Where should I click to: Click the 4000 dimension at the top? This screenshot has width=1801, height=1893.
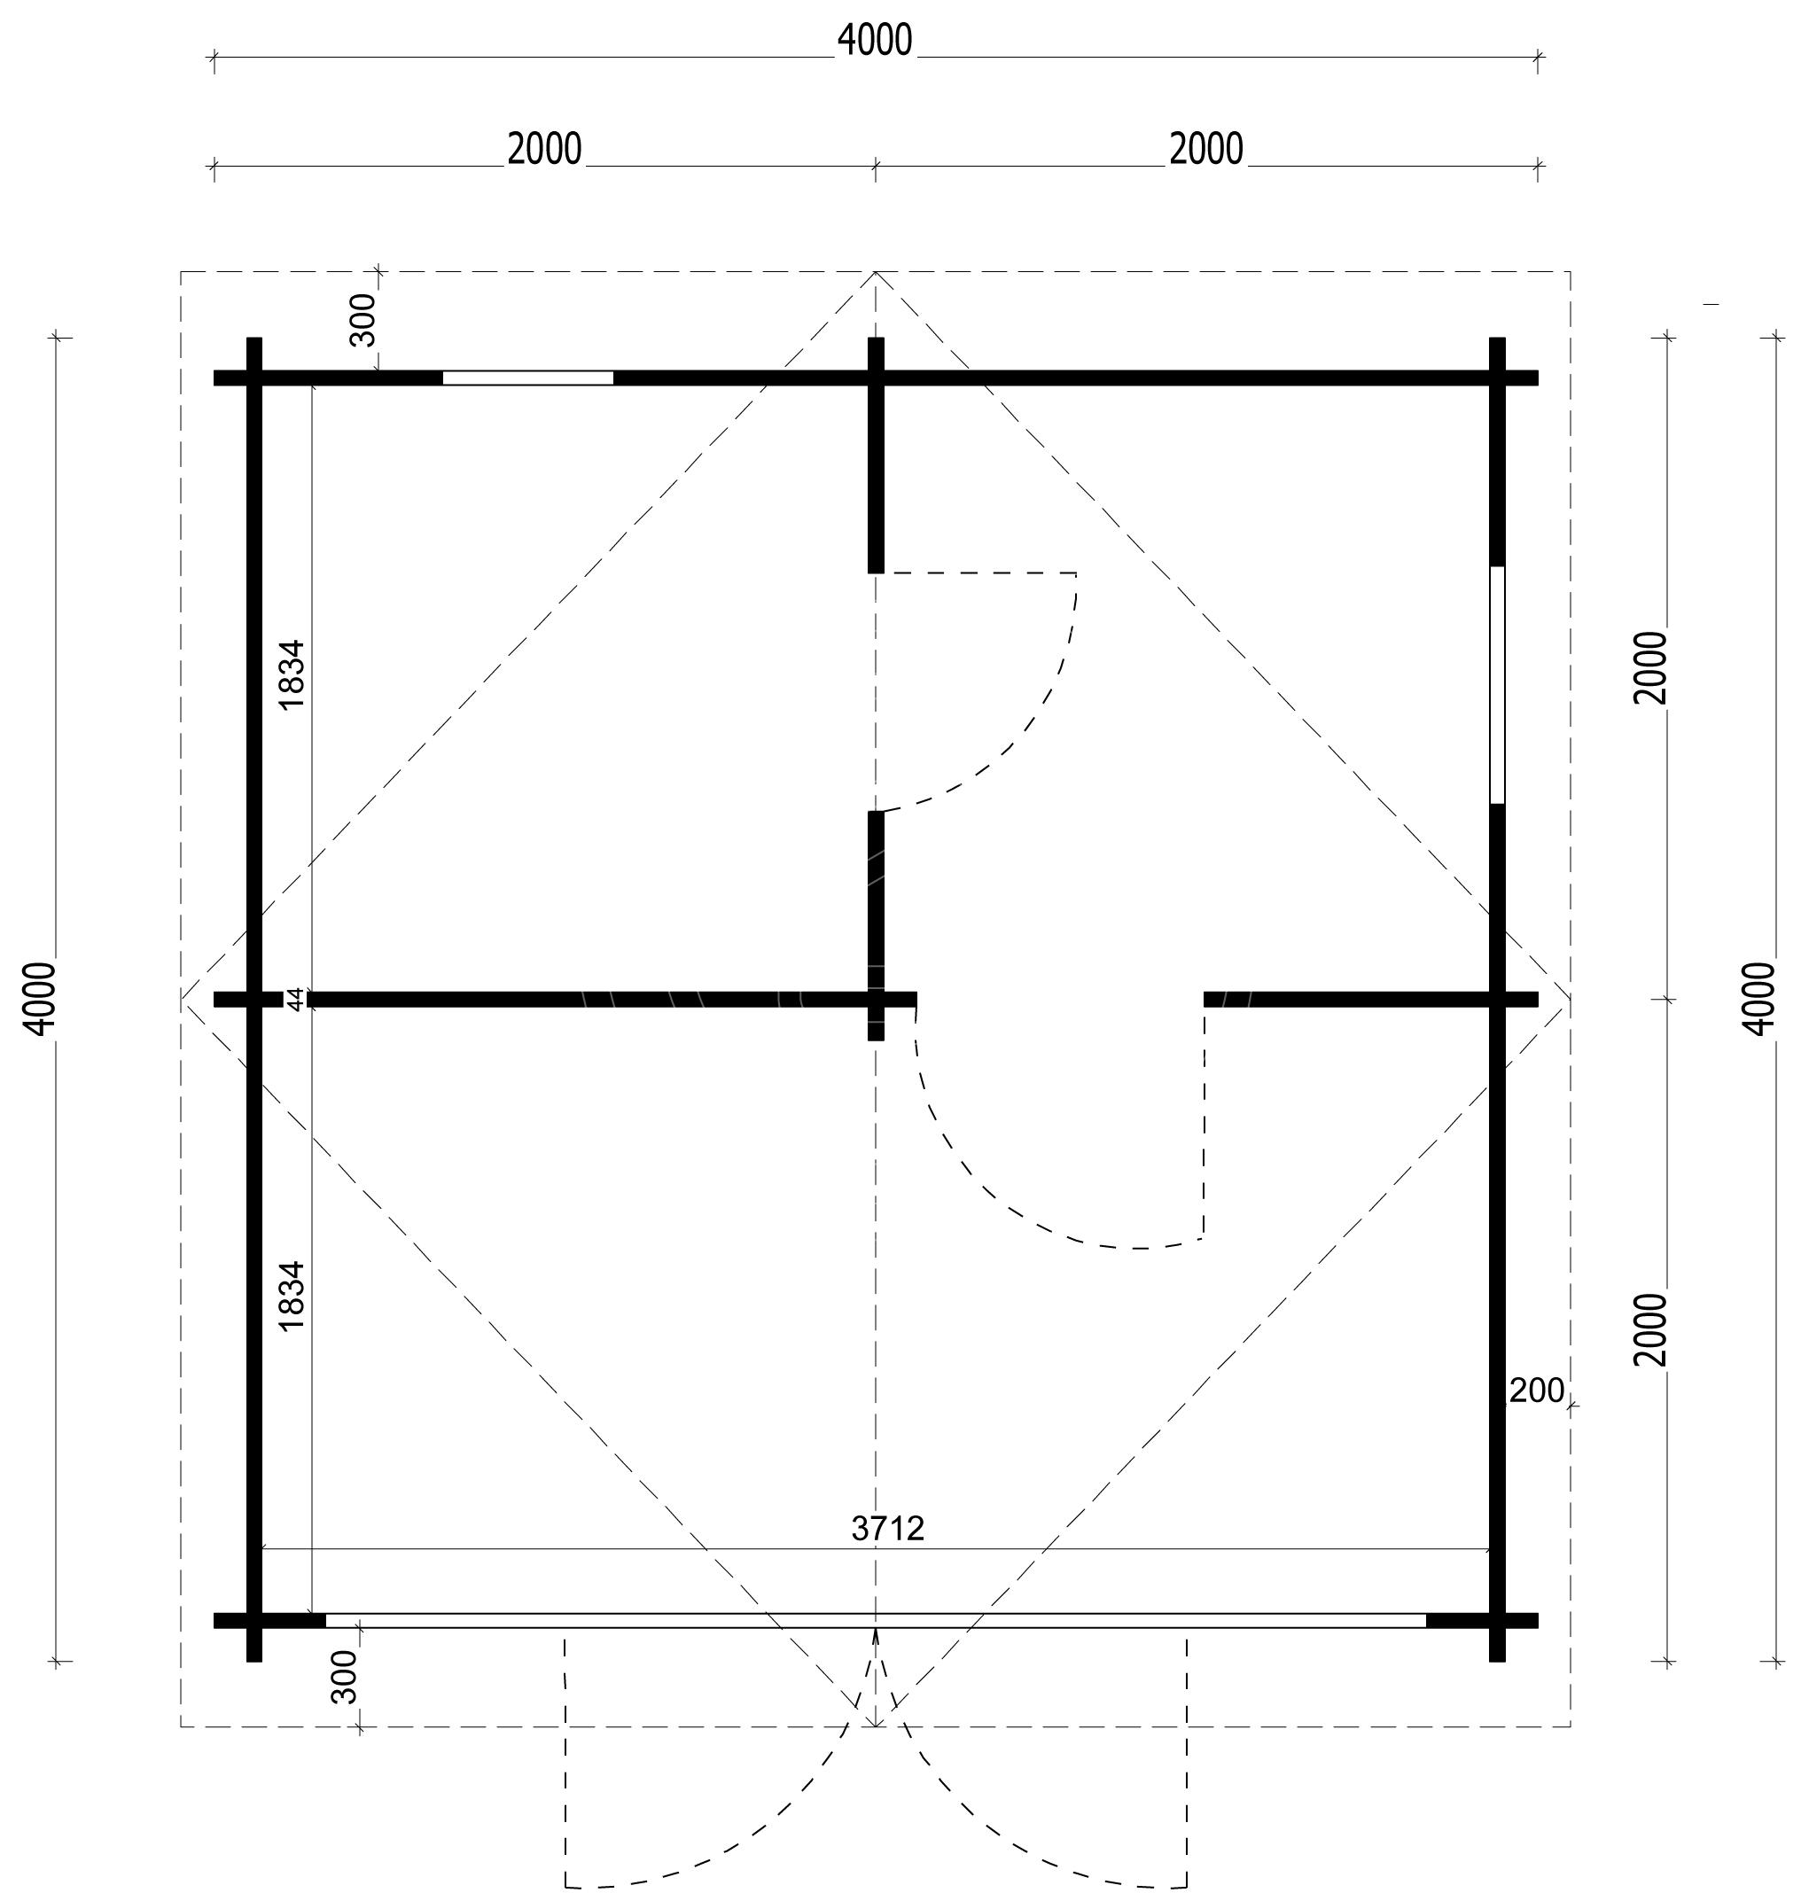pos(875,40)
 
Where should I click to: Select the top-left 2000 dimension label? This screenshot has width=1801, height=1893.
pos(544,150)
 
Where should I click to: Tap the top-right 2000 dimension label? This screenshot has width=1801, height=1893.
pos(1205,150)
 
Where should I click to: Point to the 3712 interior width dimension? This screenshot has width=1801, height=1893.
pos(888,1528)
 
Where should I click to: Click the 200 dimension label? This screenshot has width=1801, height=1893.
pos(1537,1391)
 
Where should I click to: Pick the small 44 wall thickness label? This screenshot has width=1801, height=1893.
pos(297,998)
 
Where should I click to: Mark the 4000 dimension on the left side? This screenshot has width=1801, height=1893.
pos(43,998)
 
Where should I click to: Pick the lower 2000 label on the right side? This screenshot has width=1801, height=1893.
pos(1651,1330)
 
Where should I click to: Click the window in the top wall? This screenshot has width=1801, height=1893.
pos(528,378)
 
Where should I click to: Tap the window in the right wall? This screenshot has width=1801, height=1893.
pos(1498,684)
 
